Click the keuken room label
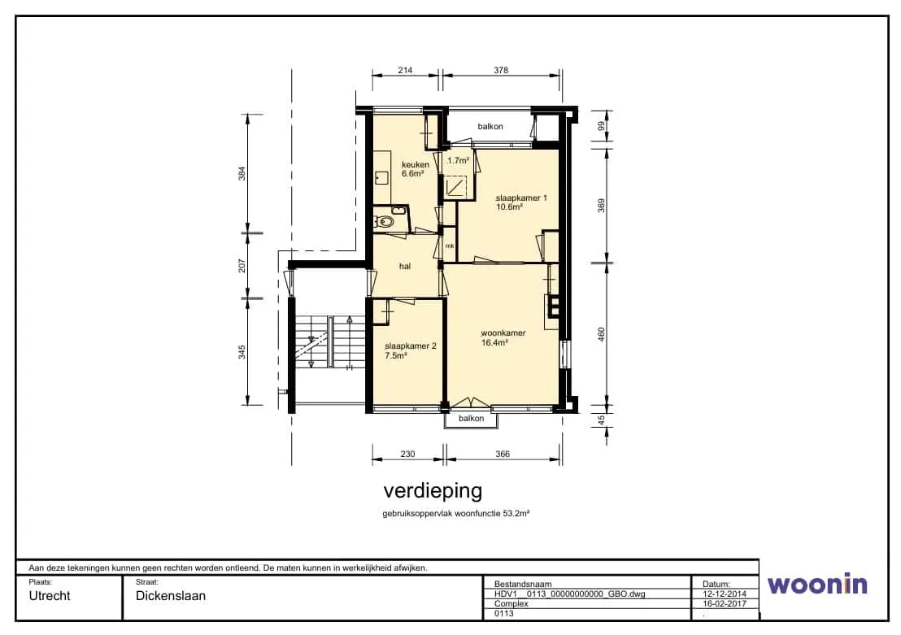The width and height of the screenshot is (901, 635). pyautogui.click(x=415, y=165)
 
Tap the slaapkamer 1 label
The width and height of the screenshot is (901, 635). pyautogui.click(x=521, y=198)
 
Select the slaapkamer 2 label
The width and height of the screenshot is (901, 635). pyautogui.click(x=411, y=346)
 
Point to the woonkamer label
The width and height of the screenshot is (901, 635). pyautogui.click(x=503, y=333)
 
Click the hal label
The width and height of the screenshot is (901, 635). pyautogui.click(x=405, y=266)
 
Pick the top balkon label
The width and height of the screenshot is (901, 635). pyautogui.click(x=490, y=126)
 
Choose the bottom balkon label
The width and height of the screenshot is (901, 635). pyautogui.click(x=471, y=419)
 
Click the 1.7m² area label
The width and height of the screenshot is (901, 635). pyautogui.click(x=458, y=161)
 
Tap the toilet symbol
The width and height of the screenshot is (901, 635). pyautogui.click(x=385, y=223)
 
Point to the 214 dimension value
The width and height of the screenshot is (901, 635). pyautogui.click(x=405, y=70)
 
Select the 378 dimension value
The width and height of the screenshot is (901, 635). pyautogui.click(x=501, y=70)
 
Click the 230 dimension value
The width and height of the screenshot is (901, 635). pyautogui.click(x=407, y=454)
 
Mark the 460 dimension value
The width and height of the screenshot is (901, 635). pyautogui.click(x=602, y=334)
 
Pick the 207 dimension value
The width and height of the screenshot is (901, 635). pyautogui.click(x=242, y=266)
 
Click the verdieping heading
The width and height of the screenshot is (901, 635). pyautogui.click(x=433, y=491)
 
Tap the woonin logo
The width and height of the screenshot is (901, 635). pyautogui.click(x=817, y=584)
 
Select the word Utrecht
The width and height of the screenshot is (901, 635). pyautogui.click(x=50, y=596)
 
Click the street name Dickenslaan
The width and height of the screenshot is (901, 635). pyautogui.click(x=171, y=596)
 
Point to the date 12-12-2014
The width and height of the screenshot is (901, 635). pyautogui.click(x=725, y=594)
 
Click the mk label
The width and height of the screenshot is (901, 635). pyautogui.click(x=450, y=246)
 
